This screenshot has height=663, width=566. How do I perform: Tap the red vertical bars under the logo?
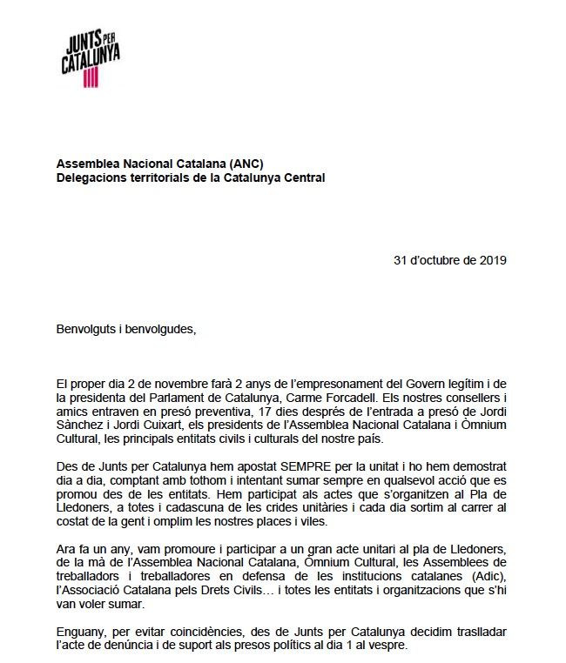click(91, 78)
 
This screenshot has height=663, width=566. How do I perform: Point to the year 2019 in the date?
click(491, 258)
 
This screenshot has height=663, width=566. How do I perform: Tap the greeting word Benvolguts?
click(88, 329)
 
